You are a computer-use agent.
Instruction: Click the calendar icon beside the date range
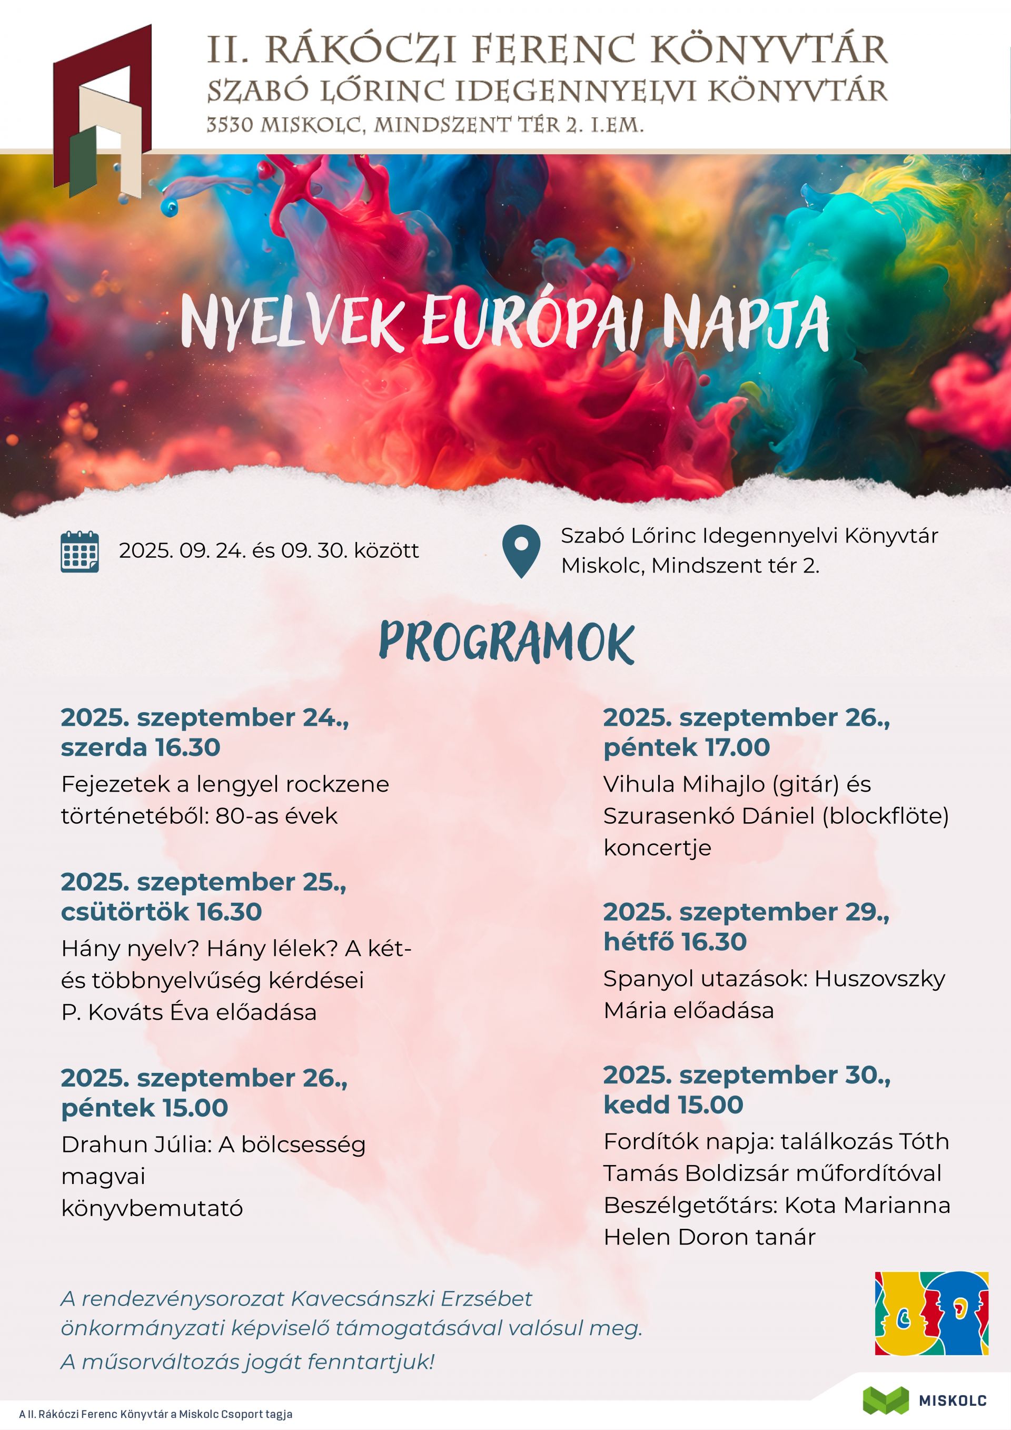click(80, 552)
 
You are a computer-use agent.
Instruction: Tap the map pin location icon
click(521, 551)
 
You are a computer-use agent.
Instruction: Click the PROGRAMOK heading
click(506, 642)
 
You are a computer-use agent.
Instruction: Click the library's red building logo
click(103, 112)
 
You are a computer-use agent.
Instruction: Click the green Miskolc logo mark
click(885, 1399)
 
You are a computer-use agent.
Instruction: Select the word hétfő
click(635, 942)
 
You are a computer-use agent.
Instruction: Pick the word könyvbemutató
click(152, 1208)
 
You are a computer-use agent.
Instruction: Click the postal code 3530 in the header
click(230, 126)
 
